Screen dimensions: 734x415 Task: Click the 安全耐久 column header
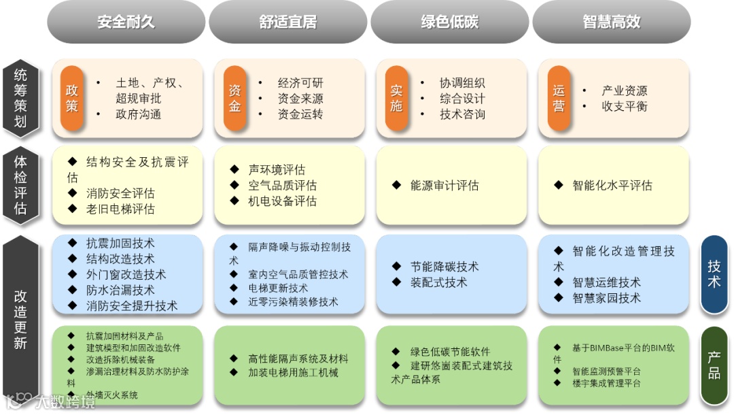126,22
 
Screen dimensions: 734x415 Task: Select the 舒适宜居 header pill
287,22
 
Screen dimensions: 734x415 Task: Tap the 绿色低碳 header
449,22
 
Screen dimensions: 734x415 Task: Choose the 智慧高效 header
611,22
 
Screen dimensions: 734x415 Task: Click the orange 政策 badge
71,99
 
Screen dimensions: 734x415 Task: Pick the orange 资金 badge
234,99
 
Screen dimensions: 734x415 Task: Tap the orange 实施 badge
396,99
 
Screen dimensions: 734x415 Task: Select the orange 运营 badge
559,99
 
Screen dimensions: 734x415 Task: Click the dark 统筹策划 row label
21,99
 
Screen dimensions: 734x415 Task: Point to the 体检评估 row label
21,185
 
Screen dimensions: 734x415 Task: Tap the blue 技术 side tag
714,274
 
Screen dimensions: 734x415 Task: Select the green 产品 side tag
714,365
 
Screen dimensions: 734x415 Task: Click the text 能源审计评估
444,185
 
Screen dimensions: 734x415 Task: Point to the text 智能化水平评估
612,185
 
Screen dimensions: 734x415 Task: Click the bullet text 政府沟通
138,114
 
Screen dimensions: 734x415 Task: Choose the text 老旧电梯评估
120,209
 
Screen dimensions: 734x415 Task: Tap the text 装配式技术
438,282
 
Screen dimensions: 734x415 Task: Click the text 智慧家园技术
606,298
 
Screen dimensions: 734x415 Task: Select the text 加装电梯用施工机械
293,373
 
